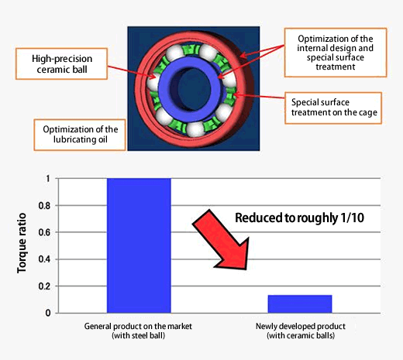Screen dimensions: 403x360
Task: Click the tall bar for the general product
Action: coord(139,245)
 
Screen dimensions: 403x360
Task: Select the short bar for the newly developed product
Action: coord(300,304)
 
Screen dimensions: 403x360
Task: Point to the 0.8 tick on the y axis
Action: coord(44,206)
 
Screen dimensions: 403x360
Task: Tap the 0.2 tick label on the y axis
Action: coord(44,286)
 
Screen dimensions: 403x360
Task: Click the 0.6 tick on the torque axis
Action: coord(44,232)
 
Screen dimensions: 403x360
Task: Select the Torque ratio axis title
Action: coord(22,243)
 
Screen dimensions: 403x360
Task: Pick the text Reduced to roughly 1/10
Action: coord(299,218)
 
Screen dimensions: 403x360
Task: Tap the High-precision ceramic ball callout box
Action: coord(61,63)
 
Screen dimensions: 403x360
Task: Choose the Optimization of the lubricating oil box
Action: coord(80,135)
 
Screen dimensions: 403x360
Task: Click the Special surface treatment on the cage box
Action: coord(333,108)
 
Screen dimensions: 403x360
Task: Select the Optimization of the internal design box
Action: coord(336,53)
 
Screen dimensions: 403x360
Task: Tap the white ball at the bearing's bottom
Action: coord(195,129)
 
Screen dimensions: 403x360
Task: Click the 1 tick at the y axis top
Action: coord(48,179)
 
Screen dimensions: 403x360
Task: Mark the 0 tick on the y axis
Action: coord(48,313)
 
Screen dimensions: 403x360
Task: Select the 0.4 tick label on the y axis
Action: coord(44,259)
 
